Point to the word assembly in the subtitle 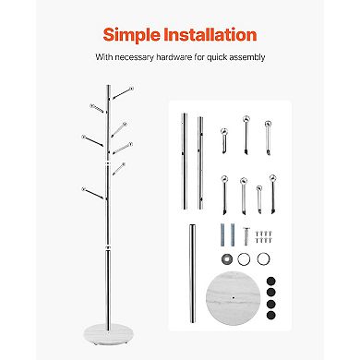(x=246, y=57)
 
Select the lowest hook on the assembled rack (x=89, y=193)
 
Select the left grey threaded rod (x=223, y=235)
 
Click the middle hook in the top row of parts (x=246, y=134)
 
